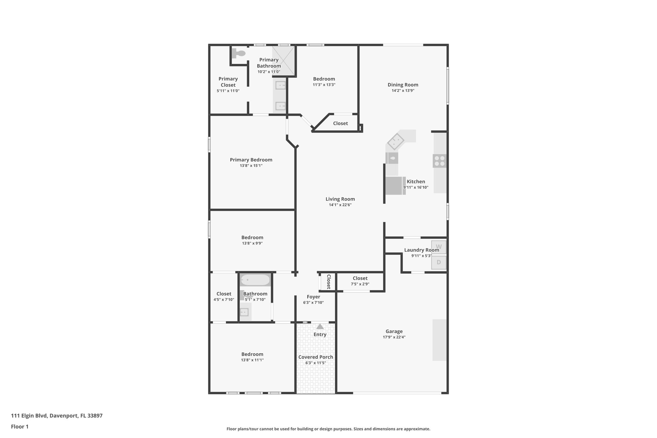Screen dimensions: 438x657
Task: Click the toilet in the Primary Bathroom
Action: (x=238, y=53)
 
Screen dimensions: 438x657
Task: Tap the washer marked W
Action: (x=439, y=247)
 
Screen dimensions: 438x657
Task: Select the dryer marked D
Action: (x=439, y=262)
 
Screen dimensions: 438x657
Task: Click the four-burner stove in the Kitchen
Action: (x=439, y=161)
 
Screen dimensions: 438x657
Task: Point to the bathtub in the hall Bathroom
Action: (x=255, y=280)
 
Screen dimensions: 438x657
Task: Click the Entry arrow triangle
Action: (x=320, y=327)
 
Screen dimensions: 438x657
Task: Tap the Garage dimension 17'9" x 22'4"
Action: (x=394, y=337)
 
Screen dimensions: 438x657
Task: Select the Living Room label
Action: (x=340, y=199)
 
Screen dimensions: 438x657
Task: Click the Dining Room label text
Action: (x=403, y=85)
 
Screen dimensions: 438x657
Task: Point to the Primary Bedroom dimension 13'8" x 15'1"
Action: (x=251, y=166)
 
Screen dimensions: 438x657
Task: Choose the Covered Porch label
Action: (x=316, y=357)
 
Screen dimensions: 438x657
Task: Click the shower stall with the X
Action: (x=284, y=60)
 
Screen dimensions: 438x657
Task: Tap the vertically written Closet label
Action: (x=328, y=282)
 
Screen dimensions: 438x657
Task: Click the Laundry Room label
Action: (x=421, y=250)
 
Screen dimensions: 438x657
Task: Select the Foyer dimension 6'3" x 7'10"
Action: (x=313, y=303)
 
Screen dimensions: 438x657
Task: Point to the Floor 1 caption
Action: (x=20, y=427)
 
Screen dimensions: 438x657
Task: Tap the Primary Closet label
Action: (x=228, y=82)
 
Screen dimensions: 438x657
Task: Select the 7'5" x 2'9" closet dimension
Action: (x=360, y=284)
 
